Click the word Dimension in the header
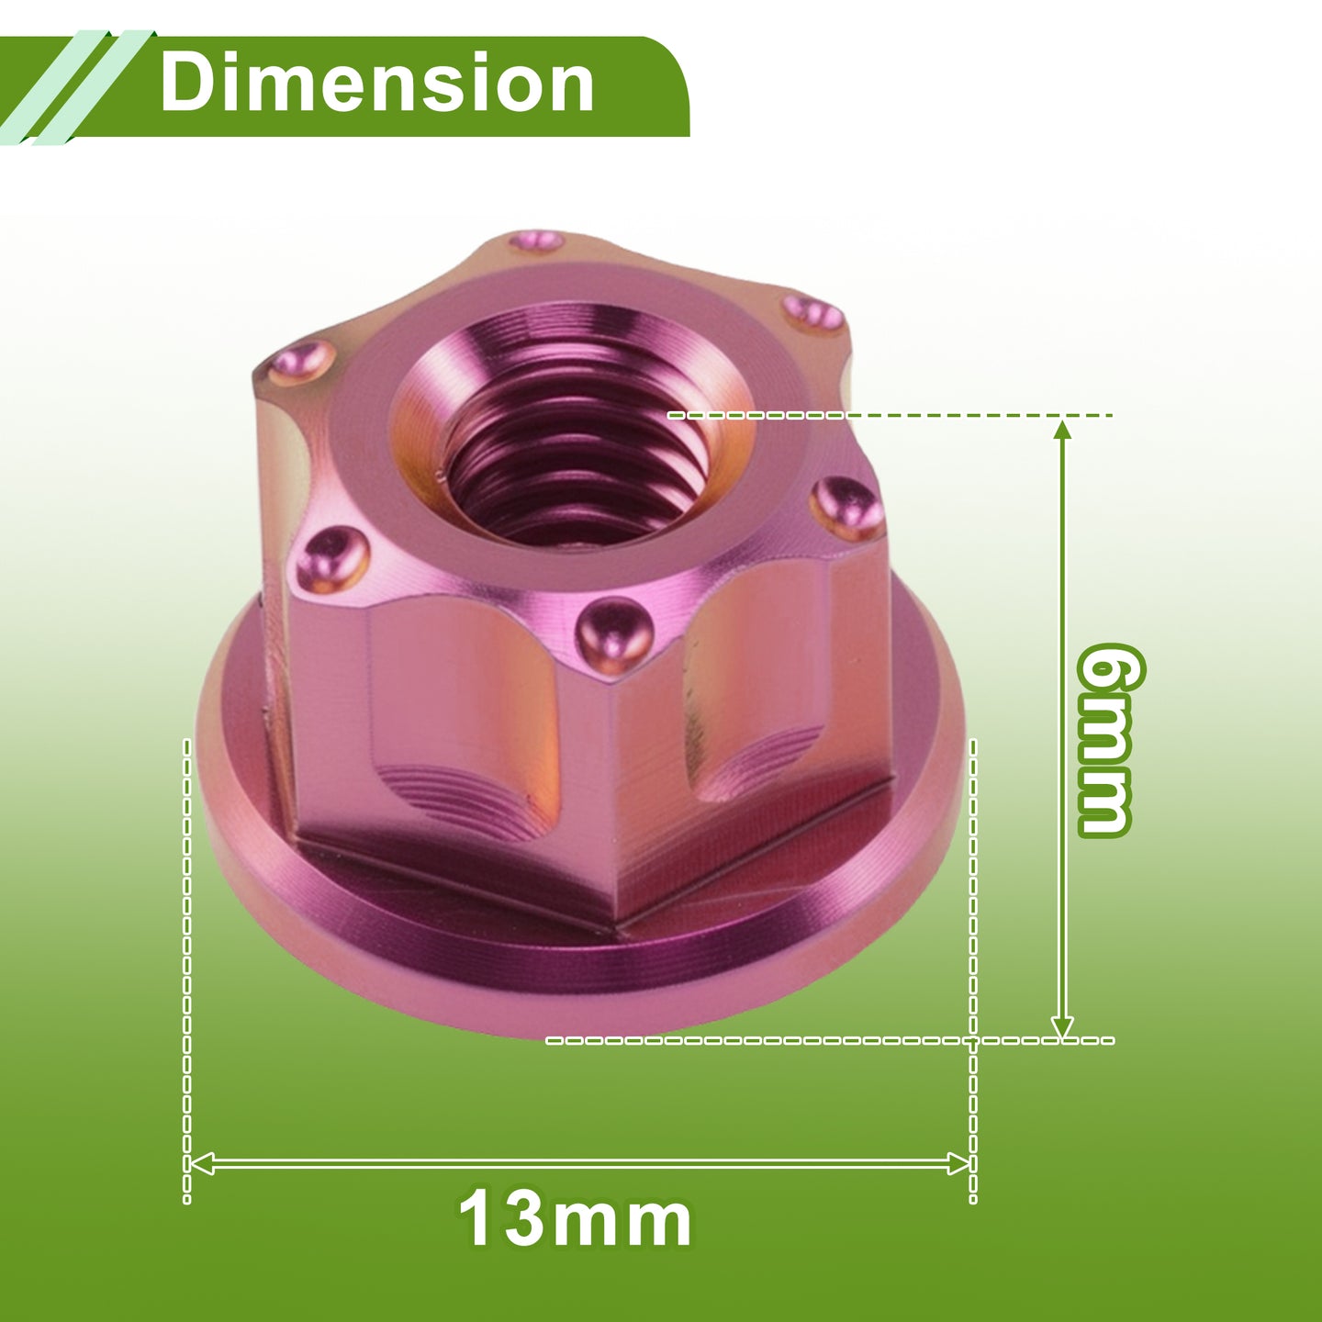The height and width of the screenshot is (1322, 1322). [x=376, y=83]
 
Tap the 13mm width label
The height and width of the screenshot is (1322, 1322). [x=575, y=1220]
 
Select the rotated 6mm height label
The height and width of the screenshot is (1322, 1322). [x=1104, y=740]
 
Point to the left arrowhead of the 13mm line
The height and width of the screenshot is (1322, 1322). [x=200, y=1163]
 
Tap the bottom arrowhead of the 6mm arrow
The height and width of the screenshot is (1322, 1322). [x=1063, y=1026]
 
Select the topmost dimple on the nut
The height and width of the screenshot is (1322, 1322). [x=537, y=241]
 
